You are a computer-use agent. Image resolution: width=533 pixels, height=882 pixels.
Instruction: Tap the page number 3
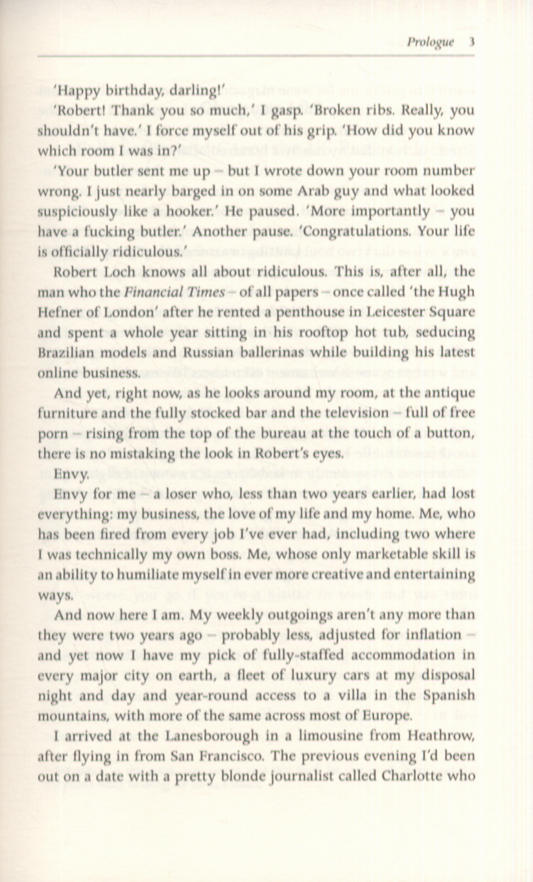(x=473, y=43)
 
